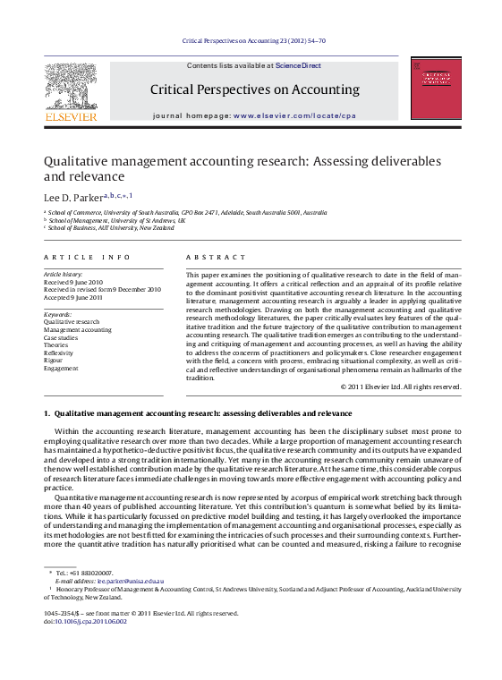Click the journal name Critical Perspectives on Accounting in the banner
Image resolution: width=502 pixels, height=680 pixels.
point(254,89)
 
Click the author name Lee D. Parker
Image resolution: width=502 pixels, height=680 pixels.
point(73,196)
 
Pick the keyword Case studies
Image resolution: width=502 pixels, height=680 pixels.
point(62,337)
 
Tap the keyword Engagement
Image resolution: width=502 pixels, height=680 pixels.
point(61,368)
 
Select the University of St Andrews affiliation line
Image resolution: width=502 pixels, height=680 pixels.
point(117,220)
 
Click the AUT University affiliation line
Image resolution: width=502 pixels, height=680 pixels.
point(112,228)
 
